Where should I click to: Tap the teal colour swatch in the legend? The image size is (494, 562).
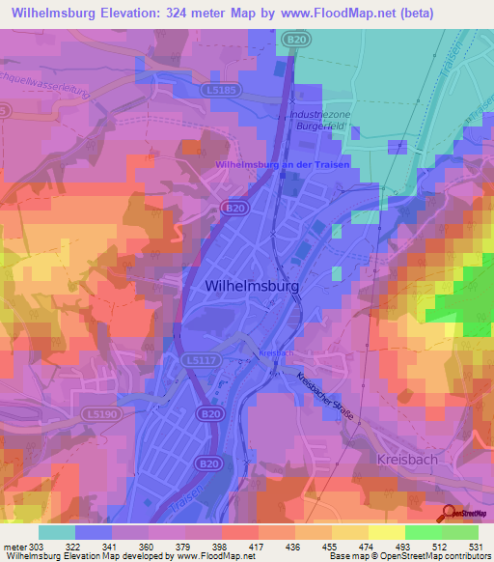57,532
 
